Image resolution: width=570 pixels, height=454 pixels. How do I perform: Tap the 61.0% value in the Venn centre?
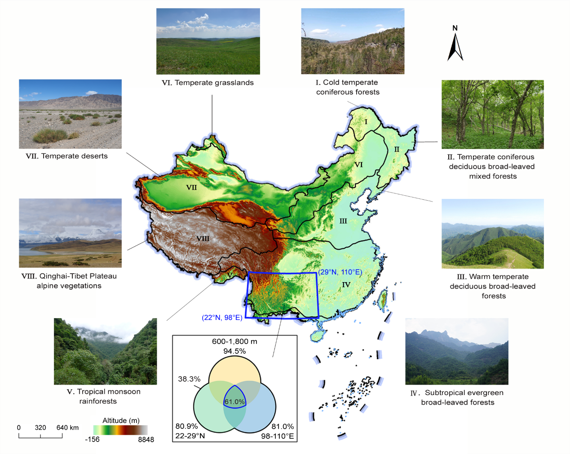click(234, 402)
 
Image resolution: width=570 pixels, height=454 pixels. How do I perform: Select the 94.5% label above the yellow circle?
click(234, 351)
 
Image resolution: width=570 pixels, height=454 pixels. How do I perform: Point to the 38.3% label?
click(189, 379)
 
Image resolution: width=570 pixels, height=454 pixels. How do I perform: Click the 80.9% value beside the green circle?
click(186, 426)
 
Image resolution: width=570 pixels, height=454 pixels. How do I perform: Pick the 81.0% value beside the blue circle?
click(283, 426)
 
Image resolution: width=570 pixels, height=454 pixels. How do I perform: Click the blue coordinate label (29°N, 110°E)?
click(340, 272)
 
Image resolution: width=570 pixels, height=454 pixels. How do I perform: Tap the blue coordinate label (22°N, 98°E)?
click(222, 318)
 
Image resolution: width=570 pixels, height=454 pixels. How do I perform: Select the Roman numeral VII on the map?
click(191, 188)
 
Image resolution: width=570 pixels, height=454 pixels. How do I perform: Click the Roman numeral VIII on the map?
click(203, 238)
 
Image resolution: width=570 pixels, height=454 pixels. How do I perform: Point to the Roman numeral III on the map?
click(343, 221)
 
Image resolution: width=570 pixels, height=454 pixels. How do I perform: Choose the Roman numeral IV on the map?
click(346, 284)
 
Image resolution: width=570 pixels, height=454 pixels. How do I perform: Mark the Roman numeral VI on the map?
click(358, 165)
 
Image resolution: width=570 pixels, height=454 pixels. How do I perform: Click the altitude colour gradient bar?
click(120, 430)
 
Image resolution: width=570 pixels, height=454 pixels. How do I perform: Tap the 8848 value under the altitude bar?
click(146, 440)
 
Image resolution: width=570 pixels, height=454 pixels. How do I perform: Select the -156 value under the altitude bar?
click(92, 440)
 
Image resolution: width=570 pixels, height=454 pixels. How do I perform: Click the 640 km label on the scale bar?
click(67, 427)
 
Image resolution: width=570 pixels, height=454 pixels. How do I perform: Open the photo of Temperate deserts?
click(70, 114)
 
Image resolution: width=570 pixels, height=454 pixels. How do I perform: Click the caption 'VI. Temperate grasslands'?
click(208, 83)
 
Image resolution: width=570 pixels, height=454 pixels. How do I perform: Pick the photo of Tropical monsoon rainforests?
click(105, 351)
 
